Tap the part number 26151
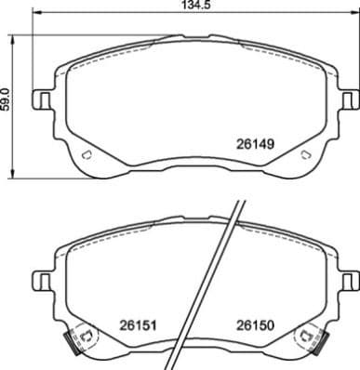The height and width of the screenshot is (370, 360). point(136,326)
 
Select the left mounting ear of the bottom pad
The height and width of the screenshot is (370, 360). point(42,278)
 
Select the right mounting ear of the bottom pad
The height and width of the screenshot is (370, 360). point(349,278)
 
